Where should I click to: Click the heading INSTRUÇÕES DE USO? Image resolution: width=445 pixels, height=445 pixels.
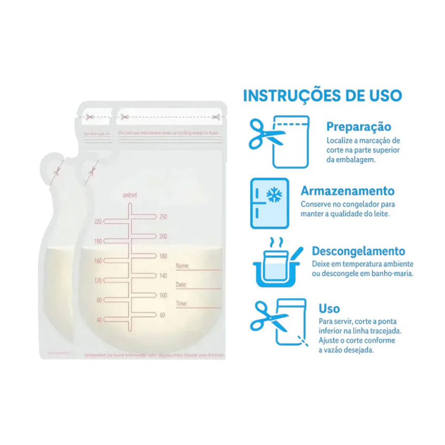(322, 96)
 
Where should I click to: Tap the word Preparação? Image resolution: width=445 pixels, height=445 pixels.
(358, 127)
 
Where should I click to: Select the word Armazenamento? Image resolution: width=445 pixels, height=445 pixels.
(347, 191)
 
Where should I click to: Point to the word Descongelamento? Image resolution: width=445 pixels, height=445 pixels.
(358, 252)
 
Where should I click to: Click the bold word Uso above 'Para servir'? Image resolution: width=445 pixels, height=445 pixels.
(329, 309)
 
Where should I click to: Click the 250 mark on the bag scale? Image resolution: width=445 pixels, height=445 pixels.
(163, 217)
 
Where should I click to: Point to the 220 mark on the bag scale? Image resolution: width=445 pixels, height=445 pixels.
(98, 221)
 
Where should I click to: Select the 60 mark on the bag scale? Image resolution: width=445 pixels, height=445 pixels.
(162, 315)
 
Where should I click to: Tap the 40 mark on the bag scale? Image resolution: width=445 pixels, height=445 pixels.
(99, 320)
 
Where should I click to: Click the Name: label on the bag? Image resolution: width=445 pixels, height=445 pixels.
(182, 266)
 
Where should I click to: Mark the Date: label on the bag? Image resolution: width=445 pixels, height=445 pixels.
(181, 285)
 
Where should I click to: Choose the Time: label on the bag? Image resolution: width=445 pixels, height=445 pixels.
(182, 303)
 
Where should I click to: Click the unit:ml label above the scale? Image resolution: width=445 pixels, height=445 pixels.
(129, 195)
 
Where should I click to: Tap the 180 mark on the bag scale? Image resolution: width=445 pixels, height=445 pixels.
(163, 256)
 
